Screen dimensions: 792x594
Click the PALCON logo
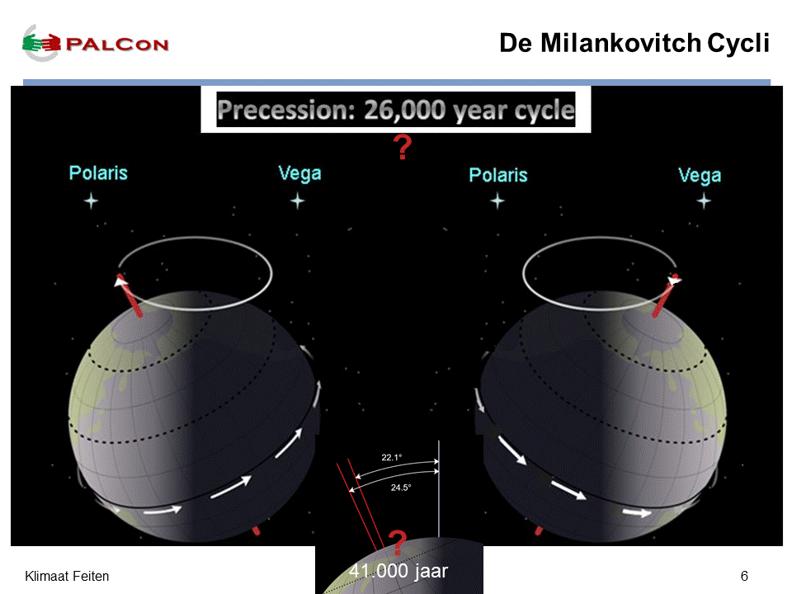point(96,44)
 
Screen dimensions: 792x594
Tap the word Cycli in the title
point(738,44)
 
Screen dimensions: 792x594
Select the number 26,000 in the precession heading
point(404,110)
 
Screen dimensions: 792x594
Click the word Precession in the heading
point(286,110)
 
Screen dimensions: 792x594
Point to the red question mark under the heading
point(403,147)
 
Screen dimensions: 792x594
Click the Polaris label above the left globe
point(98,172)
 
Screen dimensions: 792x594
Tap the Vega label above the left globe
point(299,174)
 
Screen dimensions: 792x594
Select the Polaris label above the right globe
point(498,175)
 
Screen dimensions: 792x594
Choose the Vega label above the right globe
point(700,176)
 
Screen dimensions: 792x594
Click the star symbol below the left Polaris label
point(91,201)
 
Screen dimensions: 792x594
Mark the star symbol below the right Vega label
point(704,201)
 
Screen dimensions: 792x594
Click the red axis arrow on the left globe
point(129,295)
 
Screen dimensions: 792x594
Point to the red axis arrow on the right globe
point(667,295)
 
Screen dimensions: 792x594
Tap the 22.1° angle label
point(391,457)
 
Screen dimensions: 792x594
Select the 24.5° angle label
point(401,488)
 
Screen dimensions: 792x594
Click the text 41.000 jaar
point(398,571)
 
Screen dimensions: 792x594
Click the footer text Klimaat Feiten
point(67,576)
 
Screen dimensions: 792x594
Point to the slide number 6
point(744,576)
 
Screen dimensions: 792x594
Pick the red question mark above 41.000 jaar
point(398,543)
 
